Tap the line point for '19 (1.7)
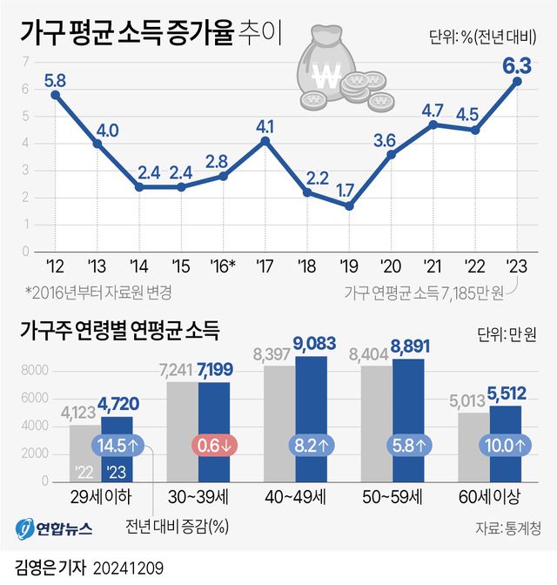tap(348, 206)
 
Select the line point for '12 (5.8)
tap(55, 94)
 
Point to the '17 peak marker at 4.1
tap(265, 140)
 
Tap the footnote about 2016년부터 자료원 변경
tap(98, 291)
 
